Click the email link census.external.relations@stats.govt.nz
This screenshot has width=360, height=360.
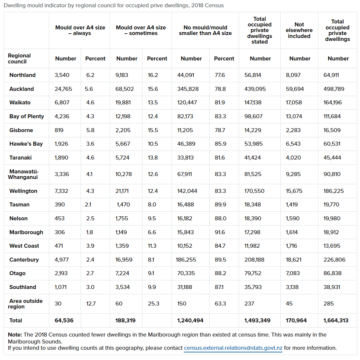pyautogui.click(x=233, y=348)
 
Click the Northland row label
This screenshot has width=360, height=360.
pyautogui.click(x=22, y=75)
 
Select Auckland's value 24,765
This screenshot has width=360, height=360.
pyautogui.click(x=63, y=89)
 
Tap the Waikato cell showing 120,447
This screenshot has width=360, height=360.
pyautogui.click(x=187, y=102)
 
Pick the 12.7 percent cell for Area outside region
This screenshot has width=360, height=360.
pyautogui.click(x=91, y=304)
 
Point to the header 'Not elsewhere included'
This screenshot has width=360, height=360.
pyautogui.click(x=299, y=30)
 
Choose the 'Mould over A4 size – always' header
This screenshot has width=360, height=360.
pyautogui.click(x=80, y=30)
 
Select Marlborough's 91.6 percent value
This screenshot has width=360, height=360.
pyautogui.click(x=220, y=232)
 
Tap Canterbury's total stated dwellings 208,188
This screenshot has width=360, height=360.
pyautogui.click(x=254, y=260)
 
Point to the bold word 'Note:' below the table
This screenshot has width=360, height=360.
pyautogui.click(x=15, y=335)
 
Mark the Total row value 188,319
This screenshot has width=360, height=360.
pyautogui.click(x=125, y=320)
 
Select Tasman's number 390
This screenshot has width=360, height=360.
pyautogui.click(x=60, y=204)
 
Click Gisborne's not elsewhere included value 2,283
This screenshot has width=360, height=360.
pyautogui.click(x=293, y=130)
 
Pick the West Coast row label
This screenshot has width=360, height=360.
pyautogui.click(x=24, y=246)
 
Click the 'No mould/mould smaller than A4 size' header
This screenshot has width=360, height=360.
pyautogui.click(x=205, y=30)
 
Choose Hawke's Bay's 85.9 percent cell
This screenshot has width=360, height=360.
pyautogui.click(x=220, y=144)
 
